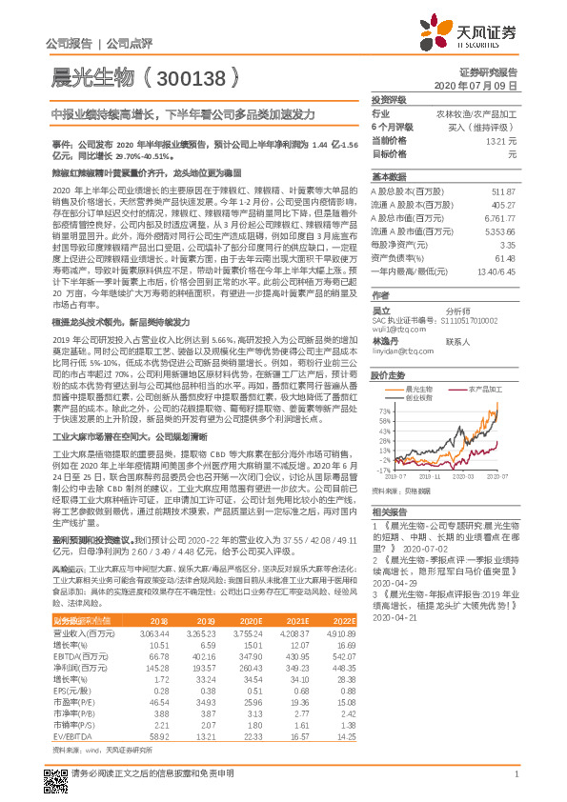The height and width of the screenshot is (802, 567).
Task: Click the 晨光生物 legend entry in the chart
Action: point(421,390)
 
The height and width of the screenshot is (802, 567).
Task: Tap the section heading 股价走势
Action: point(388,375)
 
